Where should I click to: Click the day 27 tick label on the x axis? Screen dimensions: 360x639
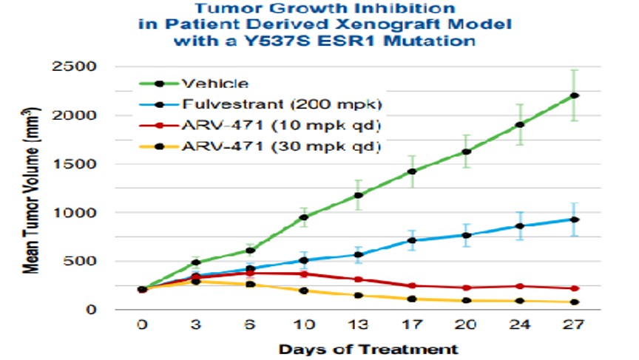(574, 325)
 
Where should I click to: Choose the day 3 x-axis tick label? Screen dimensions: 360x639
(196, 325)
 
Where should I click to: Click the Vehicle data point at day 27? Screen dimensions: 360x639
(574, 95)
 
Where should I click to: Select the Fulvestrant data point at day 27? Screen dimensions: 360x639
(574, 220)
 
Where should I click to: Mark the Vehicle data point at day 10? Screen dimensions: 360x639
(303, 217)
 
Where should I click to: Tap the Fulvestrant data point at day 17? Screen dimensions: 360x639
(413, 240)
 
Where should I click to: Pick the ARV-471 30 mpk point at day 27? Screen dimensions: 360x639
(574, 302)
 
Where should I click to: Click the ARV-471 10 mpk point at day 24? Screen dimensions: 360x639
(521, 286)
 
